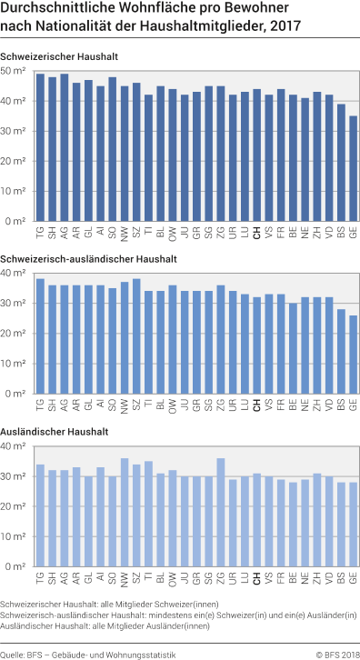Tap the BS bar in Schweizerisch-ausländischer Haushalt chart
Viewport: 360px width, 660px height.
(341, 352)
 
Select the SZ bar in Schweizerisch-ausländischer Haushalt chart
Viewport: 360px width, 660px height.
(136, 336)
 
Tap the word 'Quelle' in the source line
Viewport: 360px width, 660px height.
(14, 652)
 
